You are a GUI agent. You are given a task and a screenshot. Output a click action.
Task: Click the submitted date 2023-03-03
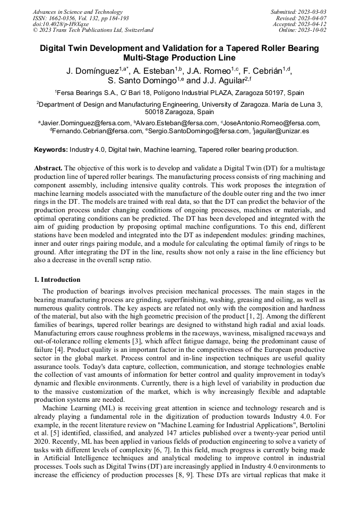point(312,12)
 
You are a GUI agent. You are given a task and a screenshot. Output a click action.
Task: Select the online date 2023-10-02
point(313,30)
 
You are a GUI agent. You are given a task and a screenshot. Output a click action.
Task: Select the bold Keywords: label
point(51,150)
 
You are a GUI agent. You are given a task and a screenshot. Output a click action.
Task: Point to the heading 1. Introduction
point(57,279)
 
